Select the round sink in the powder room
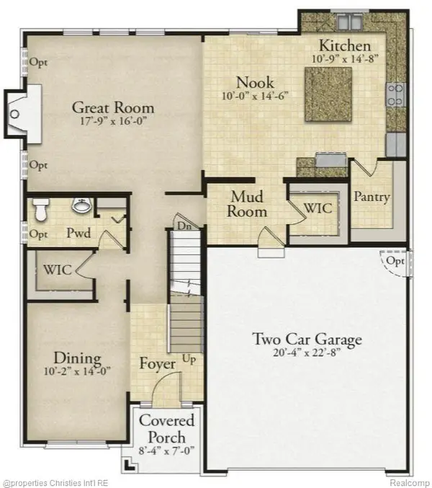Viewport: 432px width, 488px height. tap(82, 207)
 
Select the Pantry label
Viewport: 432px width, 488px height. tap(372, 197)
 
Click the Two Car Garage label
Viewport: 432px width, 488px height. tap(306, 339)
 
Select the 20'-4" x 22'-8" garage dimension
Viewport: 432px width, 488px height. tap(306, 354)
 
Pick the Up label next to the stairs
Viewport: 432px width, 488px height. tap(189, 358)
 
